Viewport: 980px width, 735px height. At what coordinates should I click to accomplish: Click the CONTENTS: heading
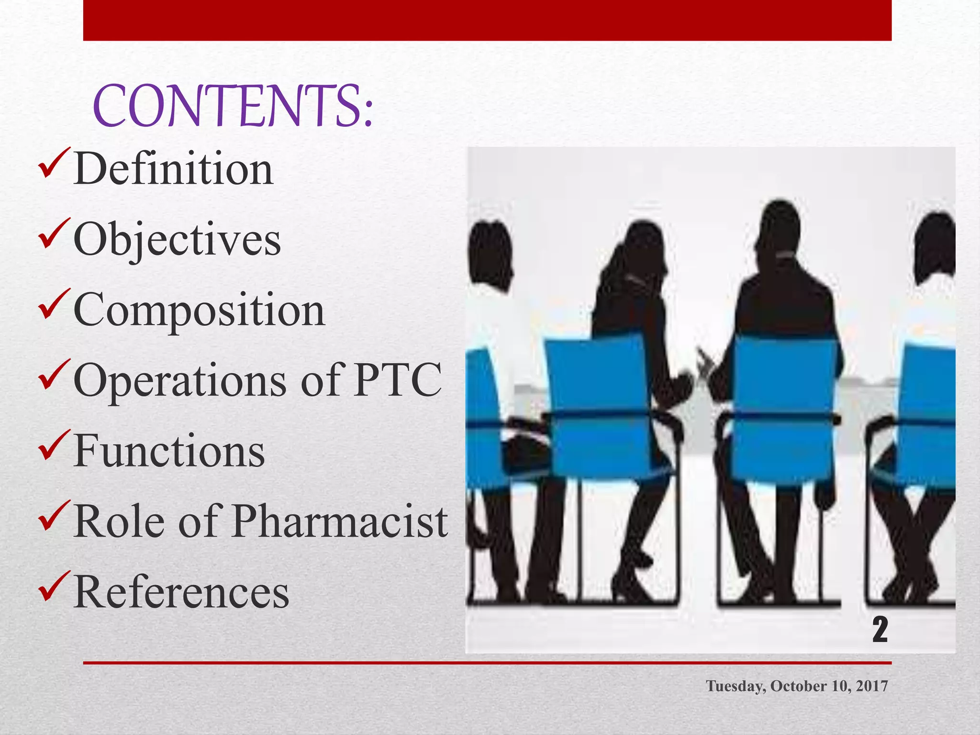233,106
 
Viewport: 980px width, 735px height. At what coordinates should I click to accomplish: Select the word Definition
173,169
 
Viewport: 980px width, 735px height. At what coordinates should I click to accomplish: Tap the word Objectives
177,240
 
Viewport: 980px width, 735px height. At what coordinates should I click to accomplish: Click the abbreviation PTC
397,380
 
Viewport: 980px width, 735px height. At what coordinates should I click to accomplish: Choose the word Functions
169,451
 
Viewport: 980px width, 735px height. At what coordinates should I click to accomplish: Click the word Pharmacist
340,522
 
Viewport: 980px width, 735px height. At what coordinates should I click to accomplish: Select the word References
181,592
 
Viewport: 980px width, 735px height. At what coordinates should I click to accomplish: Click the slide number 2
880,630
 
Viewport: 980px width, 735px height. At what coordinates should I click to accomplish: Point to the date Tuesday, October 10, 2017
797,686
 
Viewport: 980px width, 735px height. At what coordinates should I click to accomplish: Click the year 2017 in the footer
871,686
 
